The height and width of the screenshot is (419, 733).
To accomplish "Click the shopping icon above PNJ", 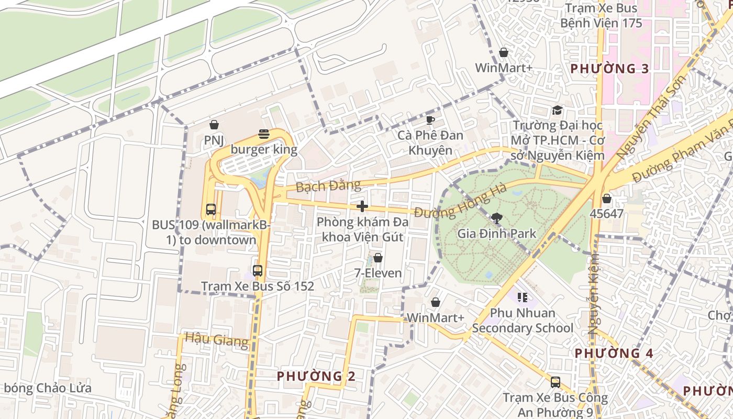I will click(x=214, y=125).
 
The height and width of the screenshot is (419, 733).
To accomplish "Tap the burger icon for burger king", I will click(x=264, y=135).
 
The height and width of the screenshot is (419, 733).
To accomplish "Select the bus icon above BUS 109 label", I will click(x=211, y=210).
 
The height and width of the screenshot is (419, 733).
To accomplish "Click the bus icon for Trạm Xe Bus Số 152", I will click(x=258, y=271).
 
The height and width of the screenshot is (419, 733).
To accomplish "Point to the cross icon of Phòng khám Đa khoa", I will click(x=362, y=206).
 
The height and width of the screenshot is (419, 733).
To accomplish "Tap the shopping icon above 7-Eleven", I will click(x=377, y=258).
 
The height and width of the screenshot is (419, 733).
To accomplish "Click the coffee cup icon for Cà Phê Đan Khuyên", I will click(x=430, y=120).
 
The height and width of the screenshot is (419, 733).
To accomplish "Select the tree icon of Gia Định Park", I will click(x=496, y=218).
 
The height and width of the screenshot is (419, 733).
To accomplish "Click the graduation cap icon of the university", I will click(x=557, y=111).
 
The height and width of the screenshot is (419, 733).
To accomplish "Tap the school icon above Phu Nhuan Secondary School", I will click(x=522, y=297).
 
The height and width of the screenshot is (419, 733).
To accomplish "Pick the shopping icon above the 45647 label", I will click(x=606, y=199).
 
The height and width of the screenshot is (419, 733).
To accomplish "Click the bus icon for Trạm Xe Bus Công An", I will click(x=556, y=382).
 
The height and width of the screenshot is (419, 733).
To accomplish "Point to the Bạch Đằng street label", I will click(x=328, y=186).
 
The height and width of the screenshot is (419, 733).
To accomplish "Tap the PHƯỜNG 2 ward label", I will click(x=316, y=376).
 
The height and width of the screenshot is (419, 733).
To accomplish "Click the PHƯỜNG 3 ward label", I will click(x=609, y=69).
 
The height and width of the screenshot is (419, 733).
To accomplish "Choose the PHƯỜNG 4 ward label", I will click(x=614, y=353).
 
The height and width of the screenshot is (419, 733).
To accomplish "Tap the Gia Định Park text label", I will click(x=496, y=234).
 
